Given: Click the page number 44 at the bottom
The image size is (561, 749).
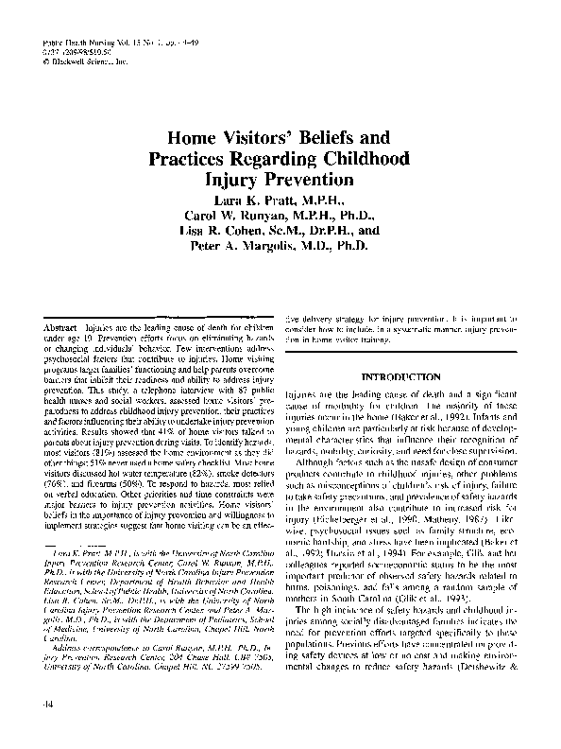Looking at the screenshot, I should (34, 704).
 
